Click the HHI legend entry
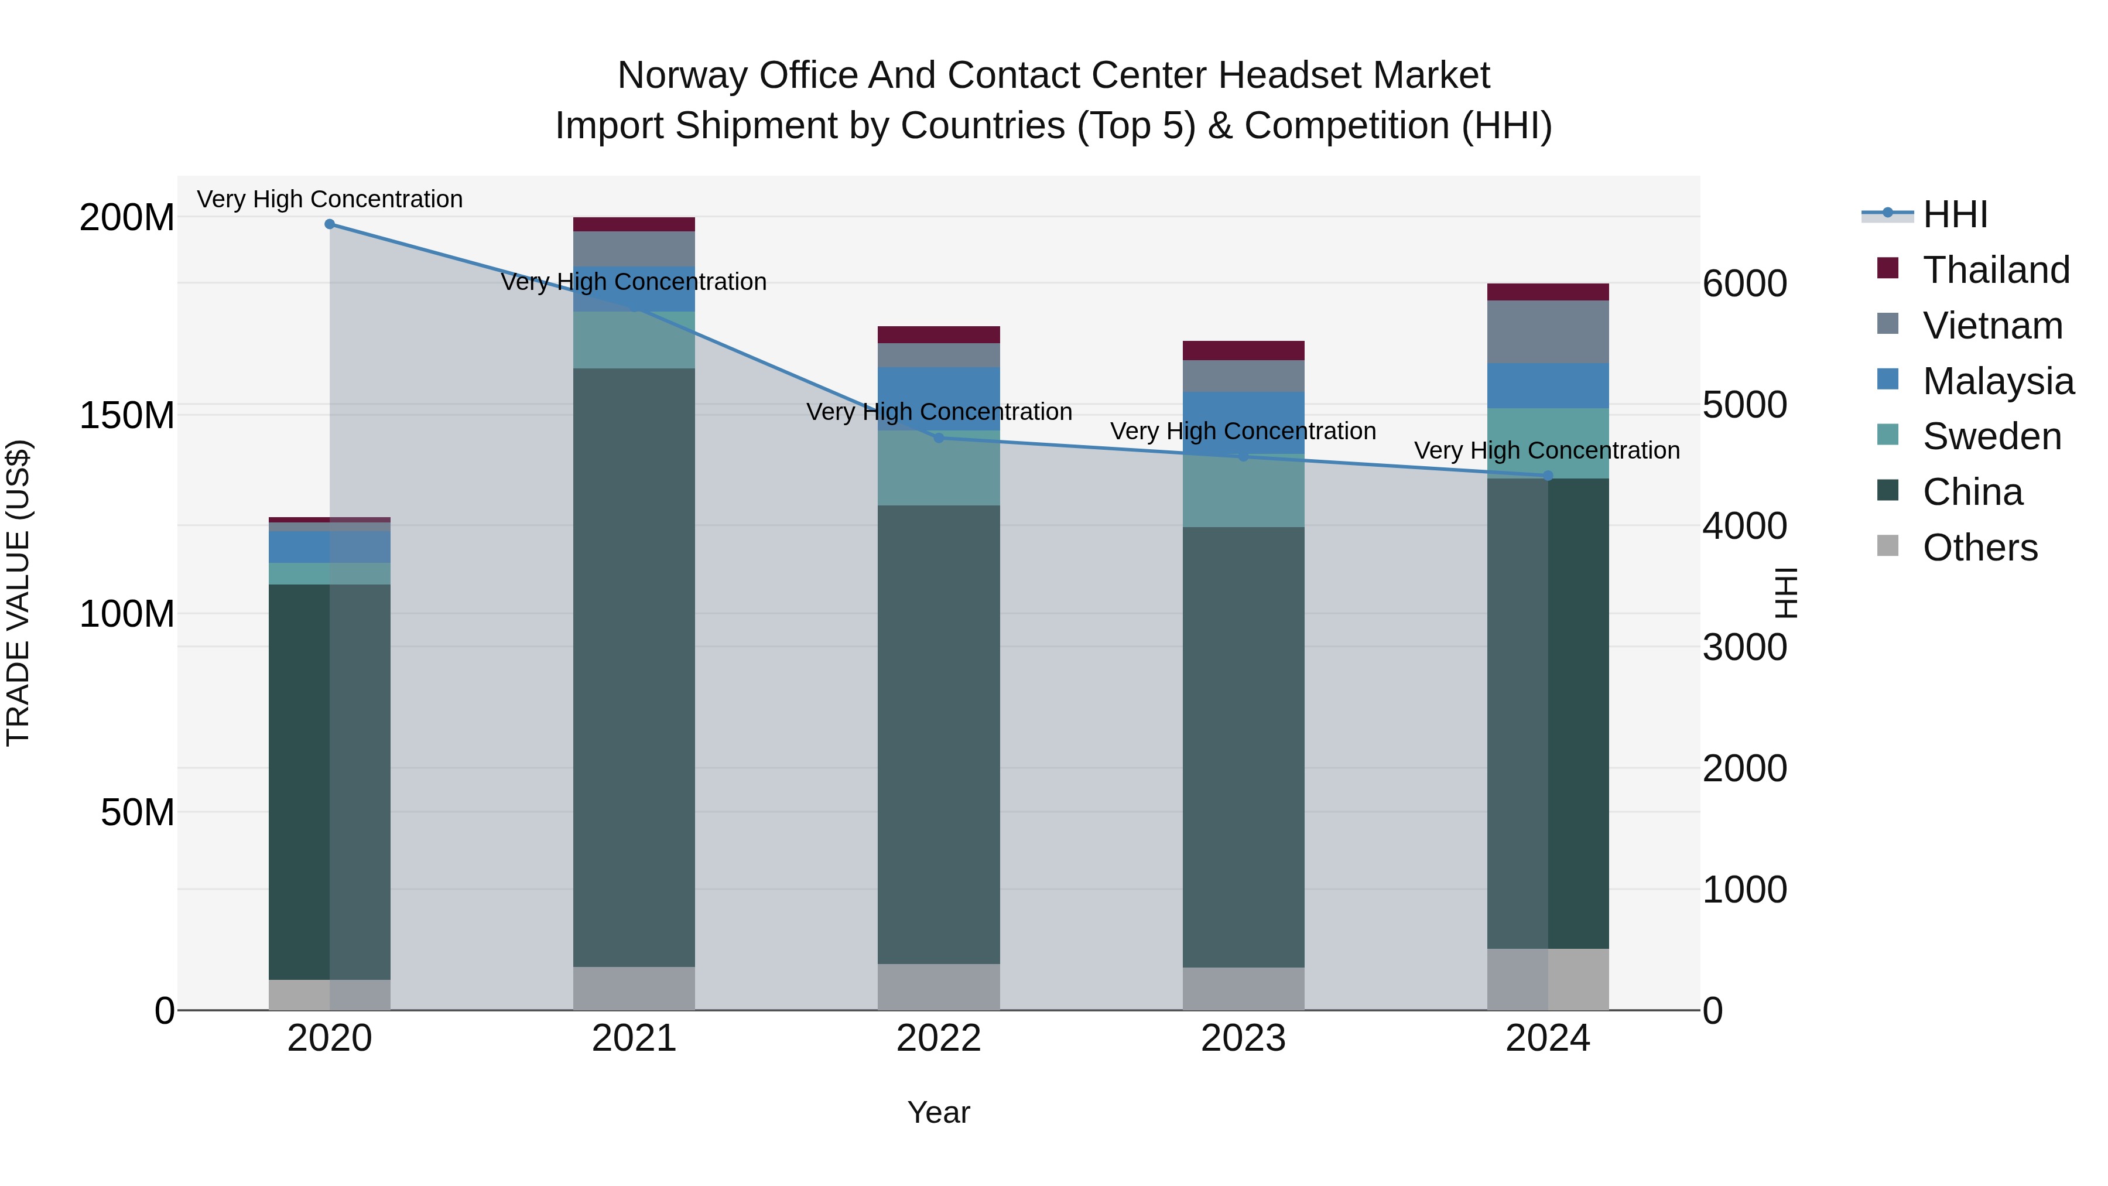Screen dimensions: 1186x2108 coord(1954,214)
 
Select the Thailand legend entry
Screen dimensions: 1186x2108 coord(1995,270)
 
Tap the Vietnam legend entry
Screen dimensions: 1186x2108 coord(1992,326)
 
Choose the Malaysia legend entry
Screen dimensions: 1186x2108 coord(1997,381)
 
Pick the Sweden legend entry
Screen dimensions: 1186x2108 coord(1991,436)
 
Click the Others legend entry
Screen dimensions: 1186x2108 coord(1980,548)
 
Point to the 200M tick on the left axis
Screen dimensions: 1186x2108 coord(127,218)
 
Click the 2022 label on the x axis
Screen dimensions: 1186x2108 coord(939,1038)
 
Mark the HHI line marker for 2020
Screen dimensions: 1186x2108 coord(330,224)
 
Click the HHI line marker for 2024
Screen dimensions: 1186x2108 coord(1548,476)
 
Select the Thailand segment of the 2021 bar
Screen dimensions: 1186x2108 coord(634,224)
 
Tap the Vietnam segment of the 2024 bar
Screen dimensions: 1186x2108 coord(1548,331)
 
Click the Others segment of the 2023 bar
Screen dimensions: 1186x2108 coord(1243,989)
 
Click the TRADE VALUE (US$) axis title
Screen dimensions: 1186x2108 coord(18,593)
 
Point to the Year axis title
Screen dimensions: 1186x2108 coord(939,1112)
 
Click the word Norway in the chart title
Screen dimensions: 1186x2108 coord(683,76)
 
